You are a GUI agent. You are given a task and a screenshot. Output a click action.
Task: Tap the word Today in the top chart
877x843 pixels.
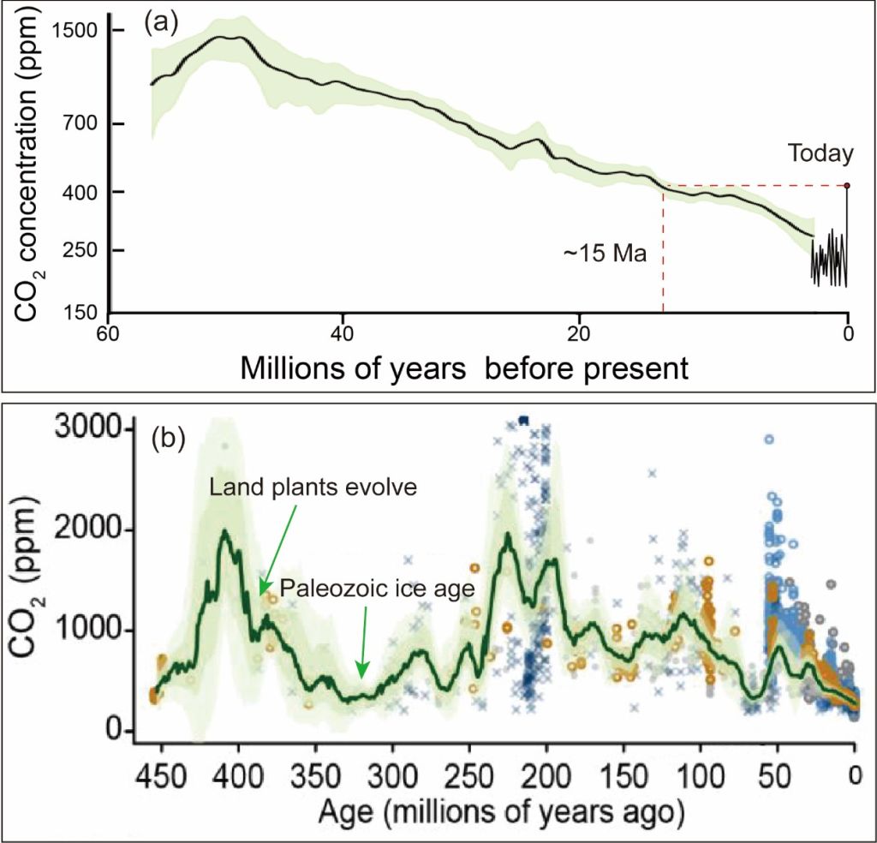[821, 154]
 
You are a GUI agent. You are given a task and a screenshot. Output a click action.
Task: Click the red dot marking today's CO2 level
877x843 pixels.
[847, 185]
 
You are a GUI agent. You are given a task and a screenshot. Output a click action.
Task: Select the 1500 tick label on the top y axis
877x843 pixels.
[75, 32]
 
